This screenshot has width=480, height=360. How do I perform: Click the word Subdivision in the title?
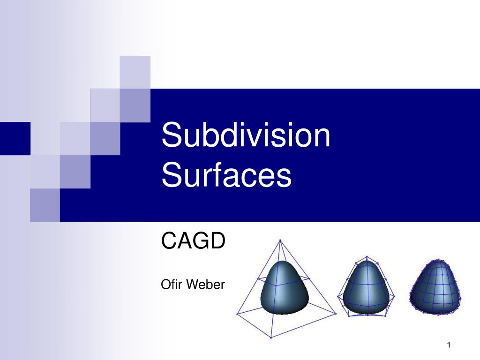(246, 135)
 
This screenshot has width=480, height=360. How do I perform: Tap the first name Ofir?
(170, 284)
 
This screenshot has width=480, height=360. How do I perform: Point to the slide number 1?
(449, 345)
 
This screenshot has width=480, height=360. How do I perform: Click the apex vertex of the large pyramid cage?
(280, 240)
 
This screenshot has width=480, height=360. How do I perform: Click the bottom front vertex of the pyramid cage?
(271, 337)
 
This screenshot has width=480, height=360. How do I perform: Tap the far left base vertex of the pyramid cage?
(237, 313)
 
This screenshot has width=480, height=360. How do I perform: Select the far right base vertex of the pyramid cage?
(336, 313)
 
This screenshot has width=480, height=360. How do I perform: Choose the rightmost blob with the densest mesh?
(435, 287)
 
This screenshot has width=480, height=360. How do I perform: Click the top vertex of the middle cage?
(367, 256)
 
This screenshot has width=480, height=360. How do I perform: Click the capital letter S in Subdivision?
(171, 135)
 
